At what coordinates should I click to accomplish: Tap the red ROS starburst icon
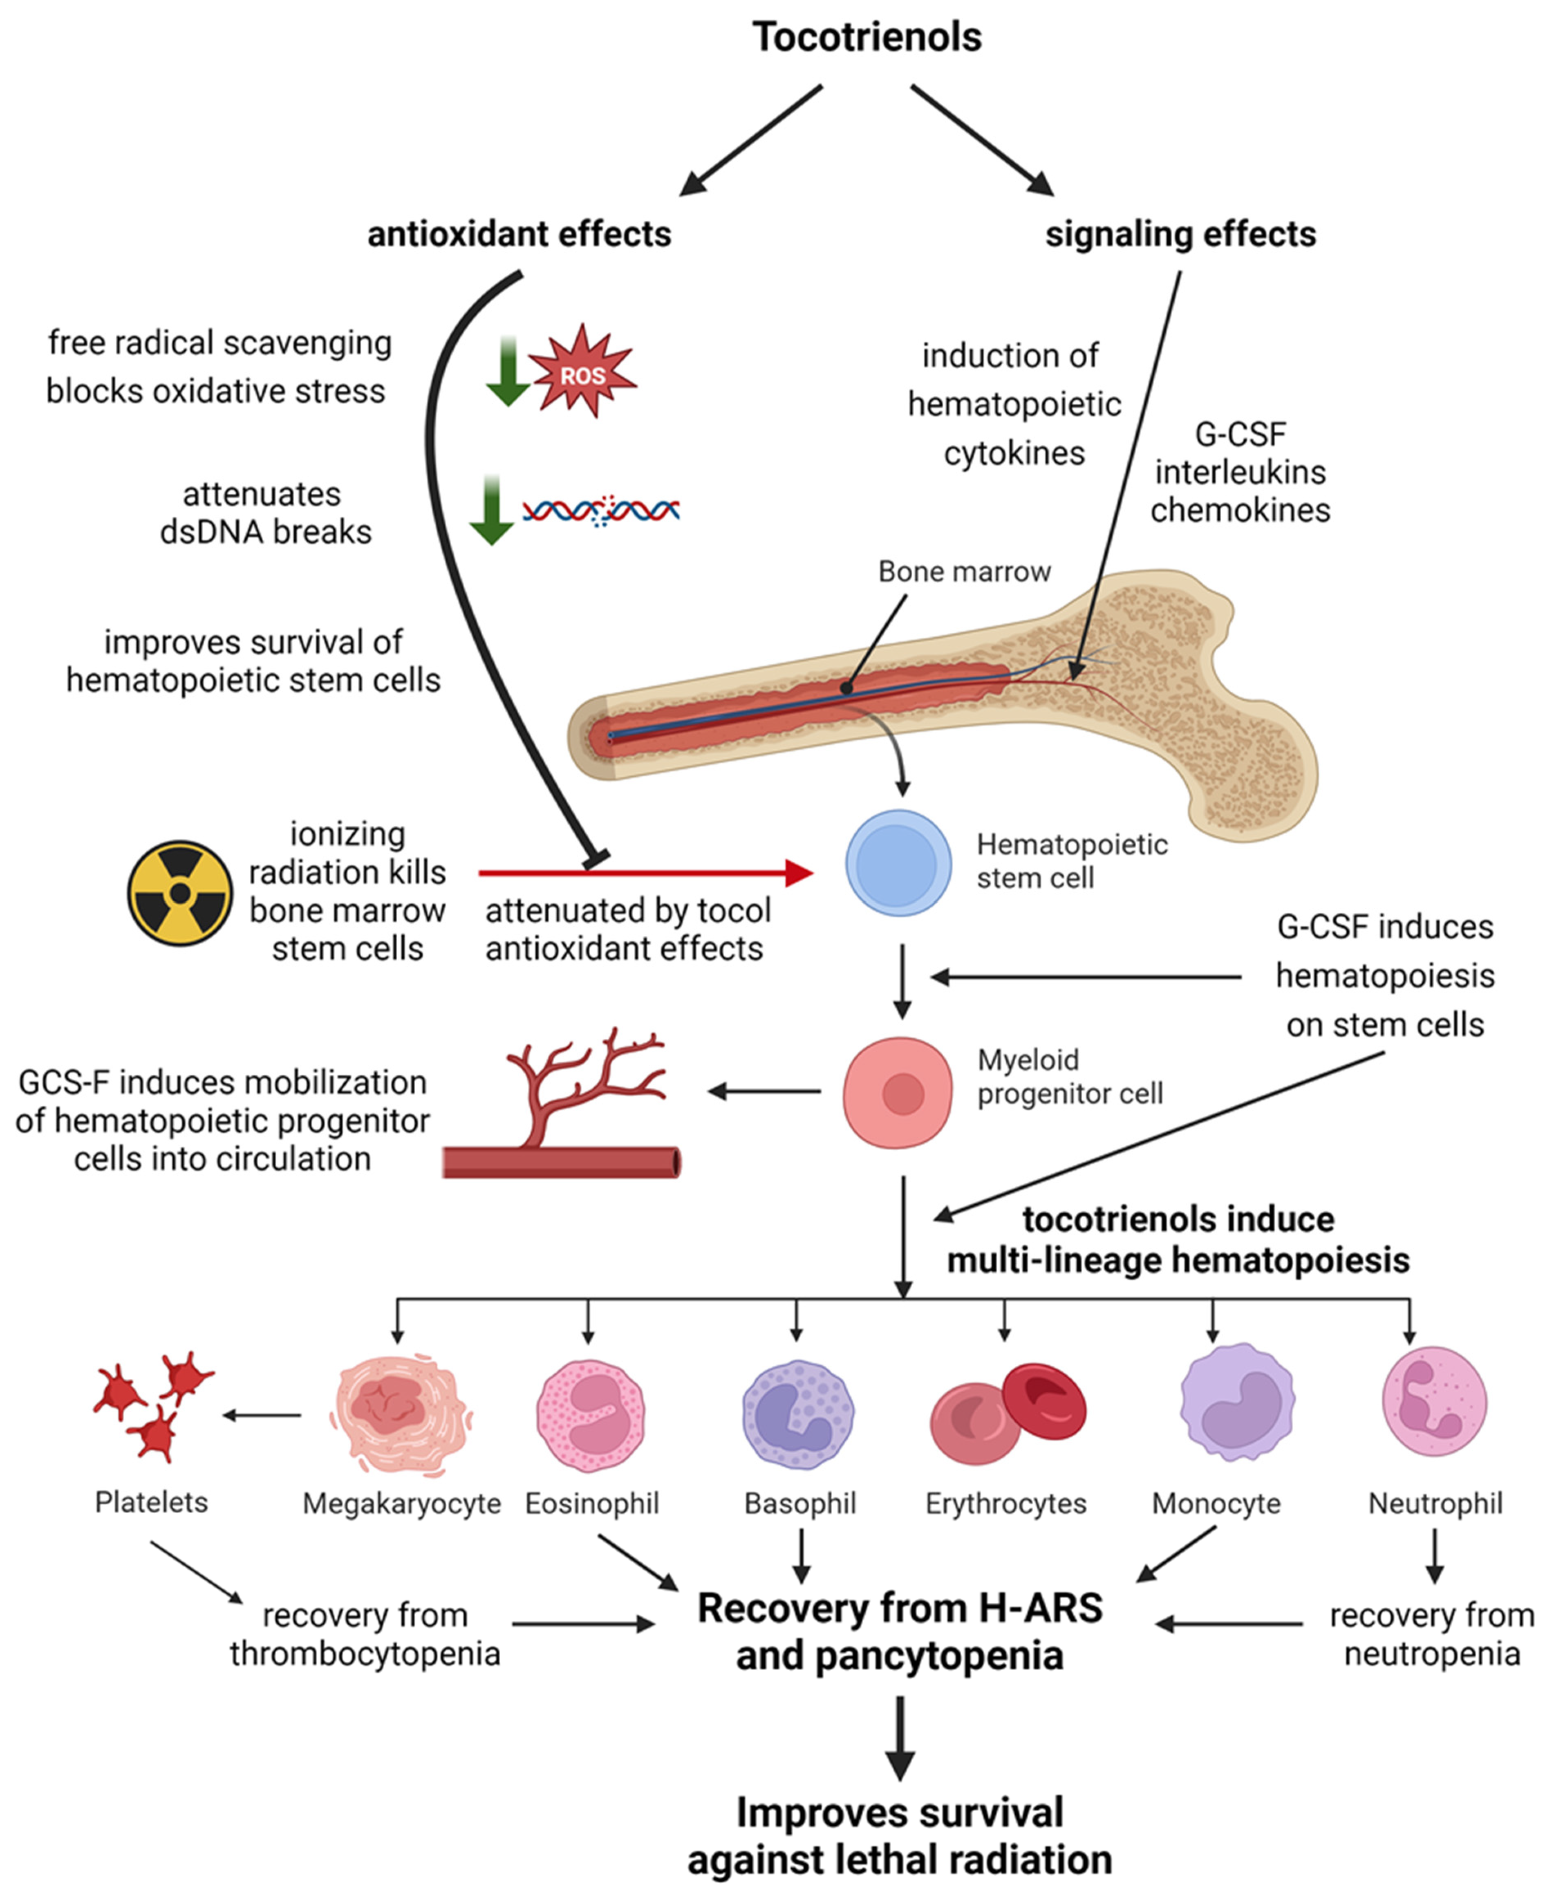583,372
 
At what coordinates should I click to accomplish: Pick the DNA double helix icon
601,510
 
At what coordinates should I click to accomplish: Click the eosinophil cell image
590,1415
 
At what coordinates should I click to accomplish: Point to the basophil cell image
797,1415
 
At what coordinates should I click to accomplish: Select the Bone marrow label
964,571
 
